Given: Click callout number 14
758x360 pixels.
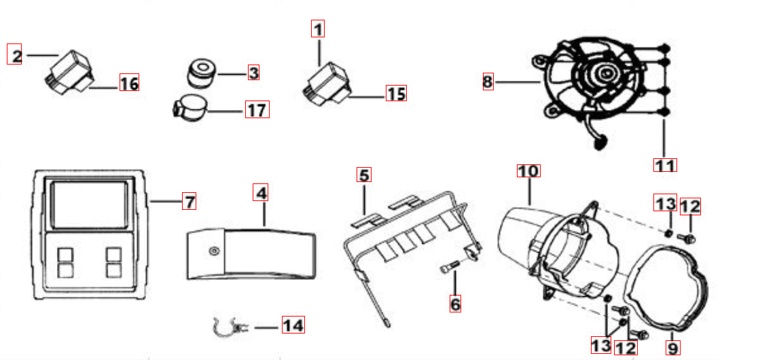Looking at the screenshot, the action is (x=293, y=325).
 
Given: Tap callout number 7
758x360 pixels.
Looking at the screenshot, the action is (x=189, y=200).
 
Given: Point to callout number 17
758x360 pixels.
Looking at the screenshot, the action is (x=257, y=109).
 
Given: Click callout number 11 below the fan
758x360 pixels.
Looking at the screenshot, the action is (x=665, y=165).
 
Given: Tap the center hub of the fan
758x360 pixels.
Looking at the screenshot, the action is (x=604, y=73).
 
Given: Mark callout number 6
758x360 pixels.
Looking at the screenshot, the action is (x=455, y=304).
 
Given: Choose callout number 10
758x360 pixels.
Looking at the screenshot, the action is (x=528, y=171).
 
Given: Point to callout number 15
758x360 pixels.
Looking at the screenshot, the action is (x=396, y=93).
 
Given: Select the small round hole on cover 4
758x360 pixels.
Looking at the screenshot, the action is (x=213, y=251).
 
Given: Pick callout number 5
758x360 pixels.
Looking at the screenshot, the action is (x=364, y=175).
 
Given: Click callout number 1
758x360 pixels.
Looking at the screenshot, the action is (x=318, y=30).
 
